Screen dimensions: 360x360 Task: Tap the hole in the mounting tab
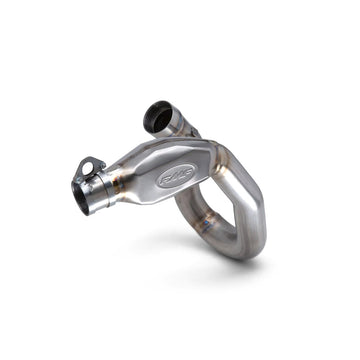point(89,166)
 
